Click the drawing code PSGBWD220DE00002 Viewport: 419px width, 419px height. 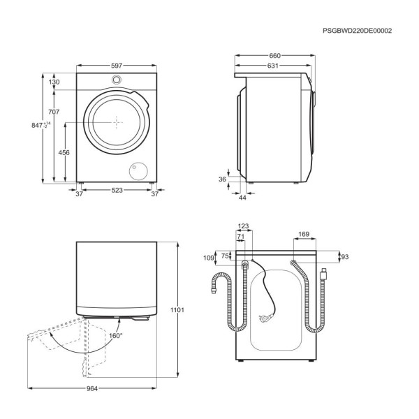[358, 31]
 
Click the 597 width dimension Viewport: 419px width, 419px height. [117, 66]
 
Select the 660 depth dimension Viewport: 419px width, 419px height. [274, 56]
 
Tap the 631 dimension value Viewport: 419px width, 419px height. [273, 66]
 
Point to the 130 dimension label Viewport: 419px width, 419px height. [54, 82]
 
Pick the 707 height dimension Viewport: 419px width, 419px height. [54, 112]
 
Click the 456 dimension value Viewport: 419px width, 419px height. [64, 152]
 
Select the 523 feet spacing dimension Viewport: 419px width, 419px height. [117, 190]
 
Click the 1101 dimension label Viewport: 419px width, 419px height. [177, 310]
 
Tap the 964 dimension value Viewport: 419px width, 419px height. [92, 388]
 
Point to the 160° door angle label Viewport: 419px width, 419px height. [116, 336]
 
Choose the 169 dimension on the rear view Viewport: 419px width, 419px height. [304, 235]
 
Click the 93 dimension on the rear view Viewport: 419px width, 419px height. [345, 257]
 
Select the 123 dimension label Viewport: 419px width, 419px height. [243, 226]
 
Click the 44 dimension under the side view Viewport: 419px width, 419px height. [242, 198]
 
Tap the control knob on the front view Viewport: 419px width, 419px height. [117, 80]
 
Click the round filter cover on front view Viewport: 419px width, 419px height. [138, 171]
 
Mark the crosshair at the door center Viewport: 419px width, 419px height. [117, 122]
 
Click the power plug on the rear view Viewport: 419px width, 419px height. [265, 318]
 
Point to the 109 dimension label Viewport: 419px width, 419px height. [209, 258]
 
